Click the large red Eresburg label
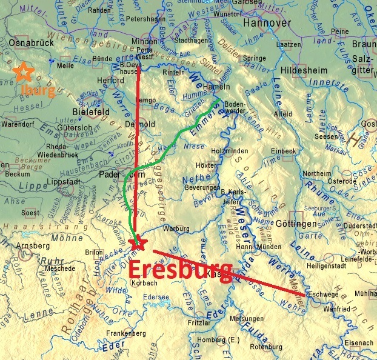click(x=181, y=271)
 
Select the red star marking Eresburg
click(x=138, y=242)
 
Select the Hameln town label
click(x=211, y=87)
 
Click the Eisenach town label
click(x=354, y=343)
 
